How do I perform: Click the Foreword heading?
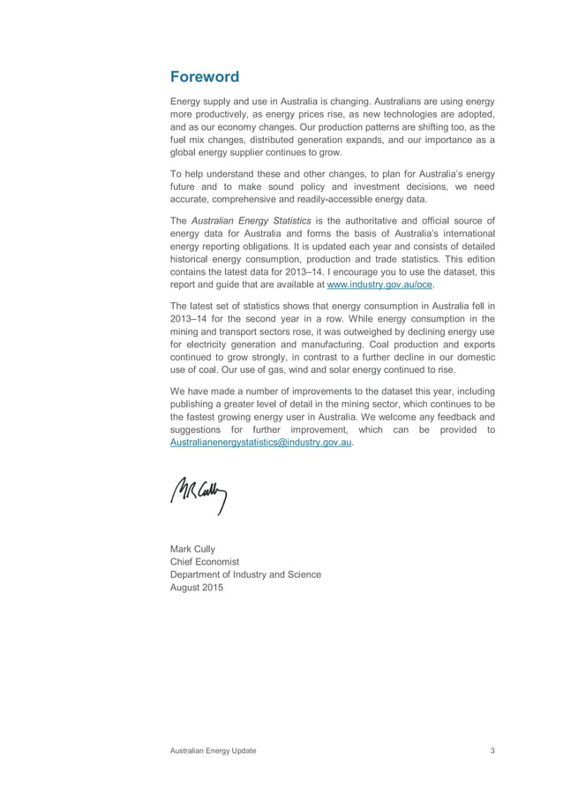(x=204, y=77)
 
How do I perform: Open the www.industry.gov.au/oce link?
(x=381, y=285)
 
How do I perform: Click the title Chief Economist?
(x=204, y=561)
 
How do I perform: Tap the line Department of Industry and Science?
(x=244, y=574)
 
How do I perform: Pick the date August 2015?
(x=196, y=588)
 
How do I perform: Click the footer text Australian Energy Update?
(x=213, y=750)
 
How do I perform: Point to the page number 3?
(x=492, y=750)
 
